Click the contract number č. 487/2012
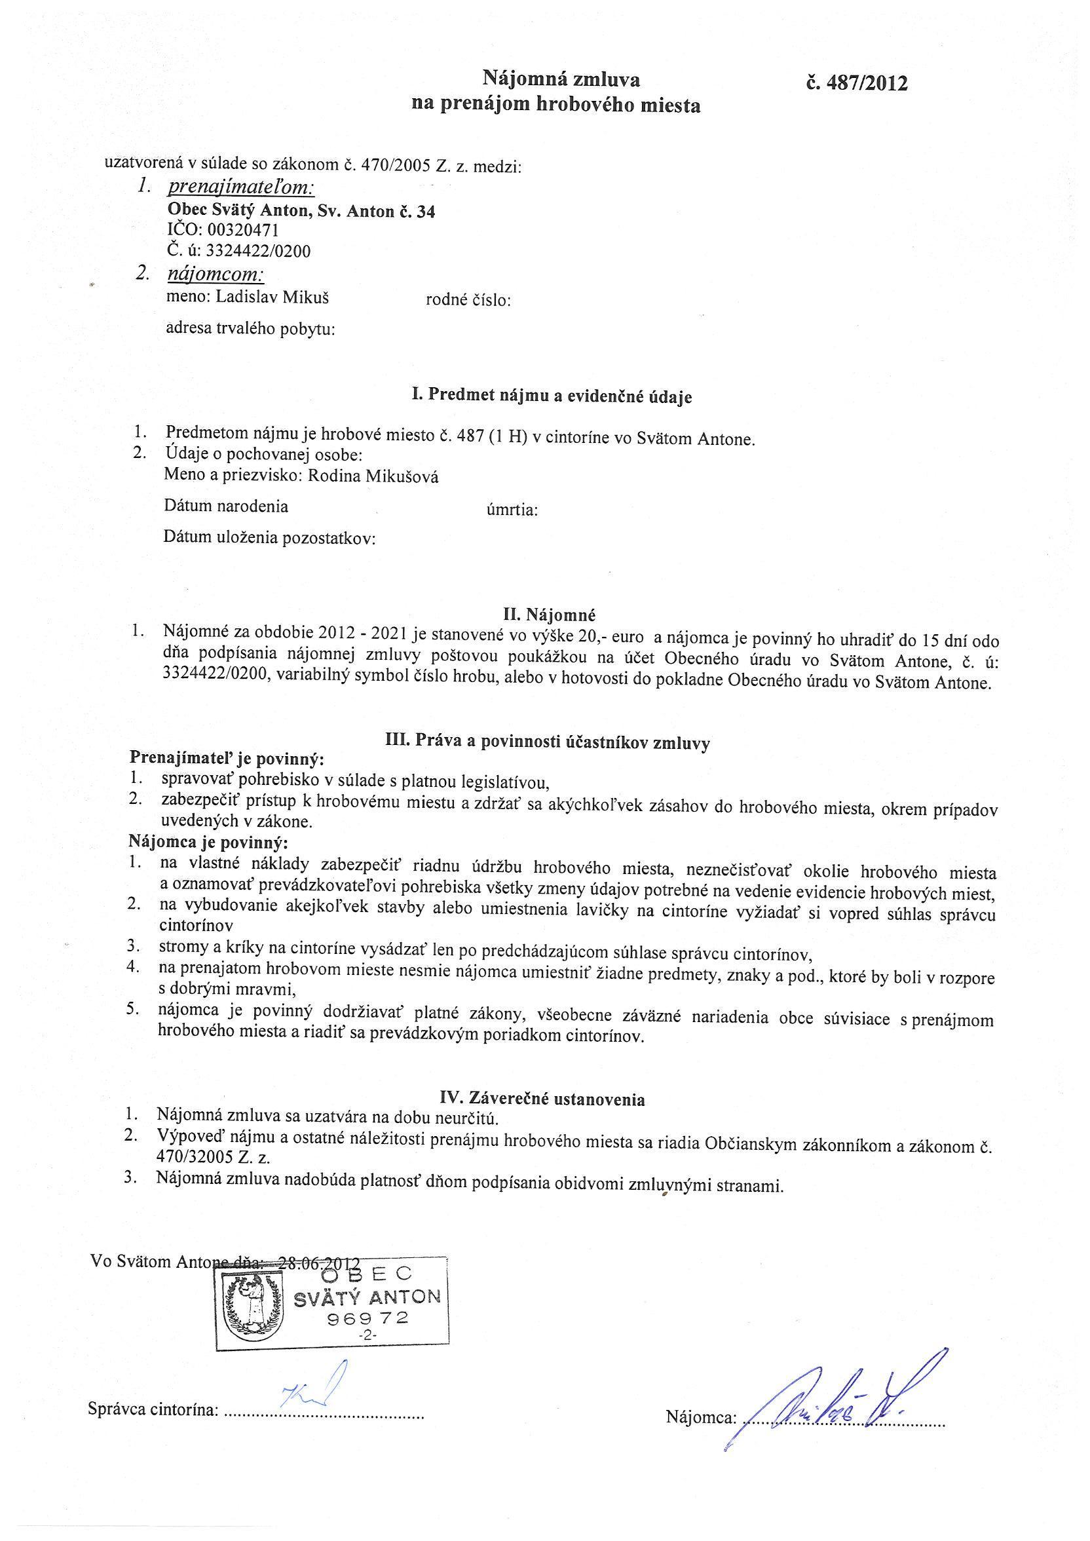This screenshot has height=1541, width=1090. click(857, 84)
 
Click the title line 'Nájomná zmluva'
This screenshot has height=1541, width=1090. click(562, 80)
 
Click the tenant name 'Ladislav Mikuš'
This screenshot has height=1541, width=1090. click(272, 297)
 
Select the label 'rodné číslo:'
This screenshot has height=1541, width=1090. click(468, 300)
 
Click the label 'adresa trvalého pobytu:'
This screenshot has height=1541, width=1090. click(250, 329)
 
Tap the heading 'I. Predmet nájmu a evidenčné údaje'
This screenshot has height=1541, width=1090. click(551, 396)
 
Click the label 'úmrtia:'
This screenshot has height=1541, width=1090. click(512, 511)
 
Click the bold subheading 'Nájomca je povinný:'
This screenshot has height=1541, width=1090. click(209, 843)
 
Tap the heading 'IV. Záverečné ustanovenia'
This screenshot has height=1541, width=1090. click(542, 1099)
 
